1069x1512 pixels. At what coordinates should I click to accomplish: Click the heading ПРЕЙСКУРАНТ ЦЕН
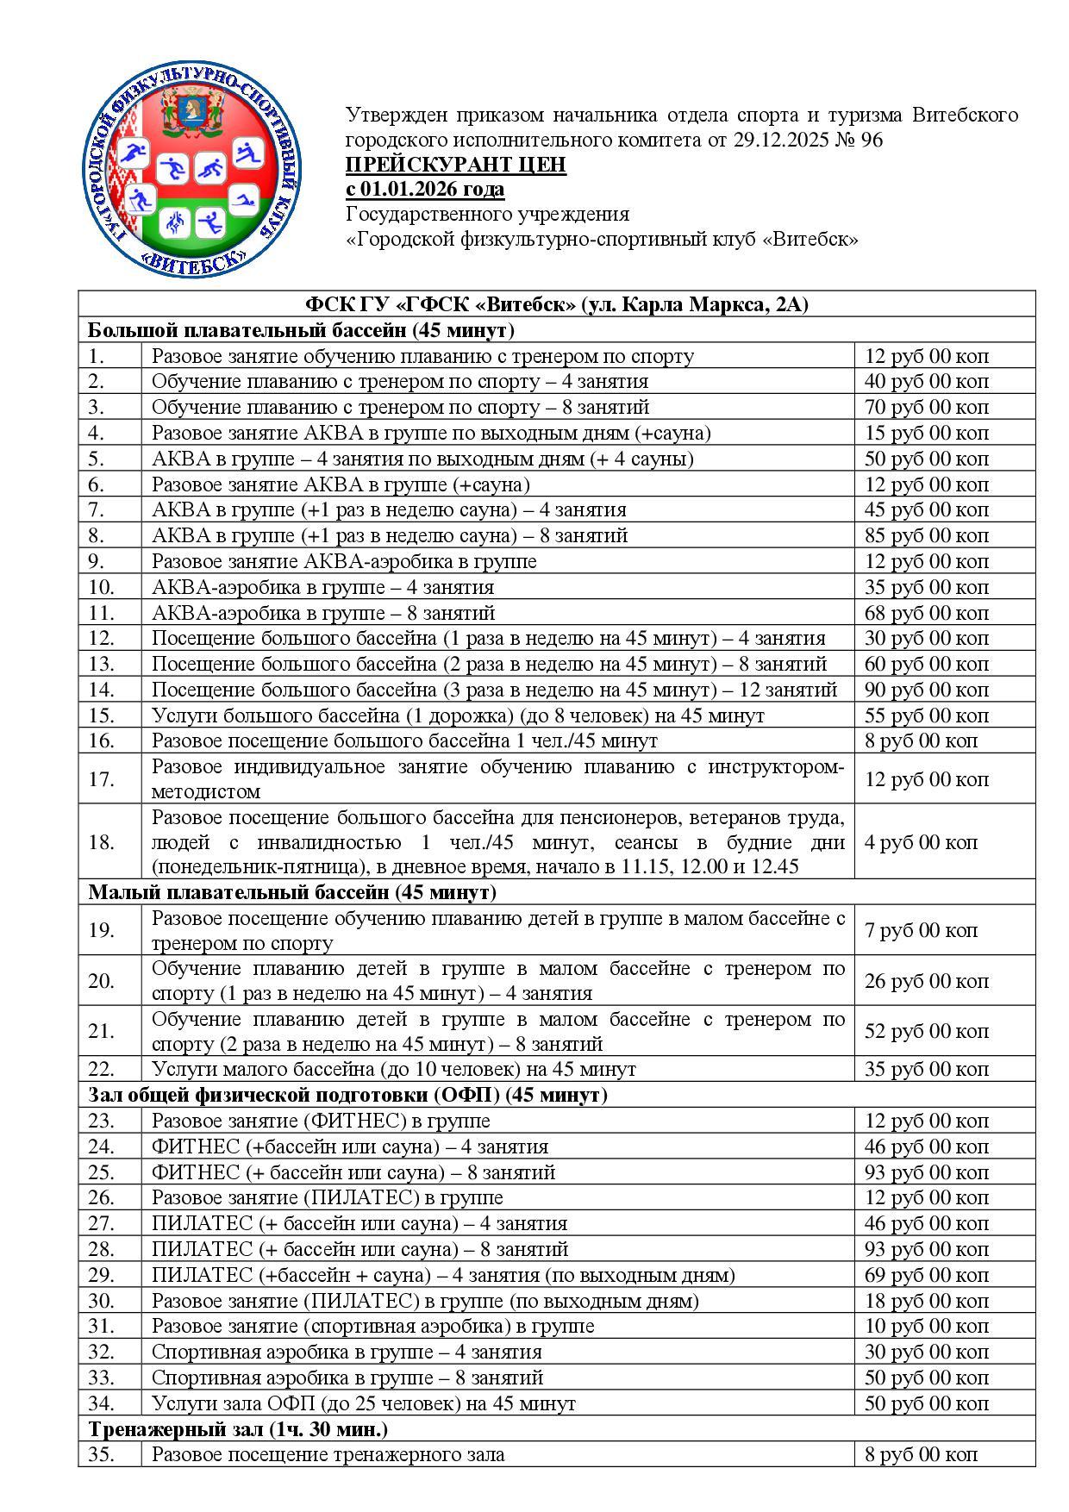[456, 165]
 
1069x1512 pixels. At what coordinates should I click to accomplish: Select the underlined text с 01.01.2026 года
[425, 189]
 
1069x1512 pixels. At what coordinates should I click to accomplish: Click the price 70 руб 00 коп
[927, 407]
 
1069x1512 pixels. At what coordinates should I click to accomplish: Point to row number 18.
[101, 842]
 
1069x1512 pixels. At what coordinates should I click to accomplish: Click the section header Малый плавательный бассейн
[292, 892]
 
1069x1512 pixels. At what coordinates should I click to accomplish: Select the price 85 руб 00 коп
[927, 536]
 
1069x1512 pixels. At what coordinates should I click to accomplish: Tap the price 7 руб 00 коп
[921, 930]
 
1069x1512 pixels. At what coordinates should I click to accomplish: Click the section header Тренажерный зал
[238, 1429]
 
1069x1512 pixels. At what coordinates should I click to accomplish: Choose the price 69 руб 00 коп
[927, 1275]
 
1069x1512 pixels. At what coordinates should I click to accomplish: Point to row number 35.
[101, 1455]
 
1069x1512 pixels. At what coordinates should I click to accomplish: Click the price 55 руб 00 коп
[927, 716]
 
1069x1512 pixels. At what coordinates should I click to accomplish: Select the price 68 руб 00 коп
[927, 614]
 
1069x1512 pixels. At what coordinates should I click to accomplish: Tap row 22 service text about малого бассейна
[394, 1070]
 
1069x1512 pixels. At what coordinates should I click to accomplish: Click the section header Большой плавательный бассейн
[301, 331]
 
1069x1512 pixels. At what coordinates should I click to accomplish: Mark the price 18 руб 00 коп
[927, 1301]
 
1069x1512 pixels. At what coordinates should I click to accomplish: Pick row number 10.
[101, 588]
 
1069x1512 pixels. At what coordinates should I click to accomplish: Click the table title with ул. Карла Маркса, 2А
[557, 305]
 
